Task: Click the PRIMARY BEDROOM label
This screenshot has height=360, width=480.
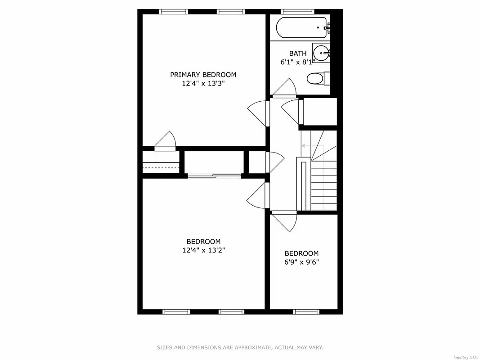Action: (x=203, y=75)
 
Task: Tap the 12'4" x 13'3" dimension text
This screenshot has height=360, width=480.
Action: (x=203, y=83)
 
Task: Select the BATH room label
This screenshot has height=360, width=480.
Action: (x=298, y=54)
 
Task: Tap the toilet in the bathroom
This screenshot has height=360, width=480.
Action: (x=316, y=79)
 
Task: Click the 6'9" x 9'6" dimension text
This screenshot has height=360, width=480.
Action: (x=301, y=262)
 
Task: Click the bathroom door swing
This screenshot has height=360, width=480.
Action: (x=286, y=88)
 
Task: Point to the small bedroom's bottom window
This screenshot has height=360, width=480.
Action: (x=306, y=311)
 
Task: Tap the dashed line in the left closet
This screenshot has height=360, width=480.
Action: (x=161, y=168)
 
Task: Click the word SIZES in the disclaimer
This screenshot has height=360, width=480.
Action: (x=165, y=347)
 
